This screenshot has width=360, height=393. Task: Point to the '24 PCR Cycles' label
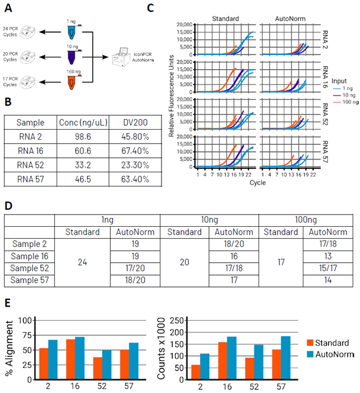[x=11, y=31]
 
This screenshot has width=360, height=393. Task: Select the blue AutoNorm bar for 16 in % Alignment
[x=79, y=357]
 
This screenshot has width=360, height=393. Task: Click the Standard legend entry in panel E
[x=331, y=342]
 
